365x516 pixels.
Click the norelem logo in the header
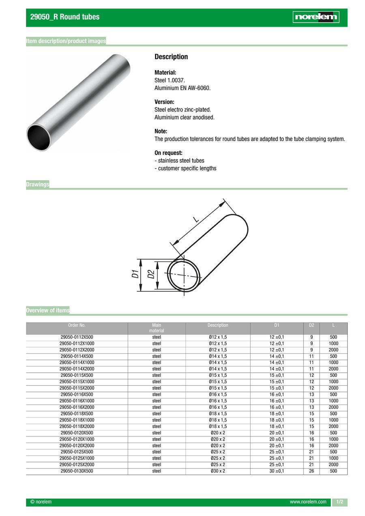click(x=316, y=17)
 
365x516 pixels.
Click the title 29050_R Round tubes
click(x=64, y=17)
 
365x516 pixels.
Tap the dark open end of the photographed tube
click(x=39, y=137)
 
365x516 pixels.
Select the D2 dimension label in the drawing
click(x=151, y=274)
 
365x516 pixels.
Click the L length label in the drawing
click(x=196, y=219)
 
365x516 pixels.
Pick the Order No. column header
click(x=77, y=325)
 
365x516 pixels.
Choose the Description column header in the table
click(x=218, y=325)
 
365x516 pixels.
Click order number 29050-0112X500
click(x=77, y=337)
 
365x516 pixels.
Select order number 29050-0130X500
click(x=77, y=471)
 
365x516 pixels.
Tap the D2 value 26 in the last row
click(x=311, y=471)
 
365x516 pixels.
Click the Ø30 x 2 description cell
click(x=218, y=471)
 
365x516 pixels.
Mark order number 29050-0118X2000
click(x=77, y=427)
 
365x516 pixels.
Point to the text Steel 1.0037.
click(x=170, y=80)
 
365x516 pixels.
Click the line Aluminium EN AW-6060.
click(x=182, y=88)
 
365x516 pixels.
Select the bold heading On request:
click(x=168, y=153)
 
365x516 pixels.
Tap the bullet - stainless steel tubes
click(x=179, y=161)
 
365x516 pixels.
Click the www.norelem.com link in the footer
click(x=308, y=502)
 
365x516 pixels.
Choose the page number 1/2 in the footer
click(x=339, y=502)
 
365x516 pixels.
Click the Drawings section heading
click(x=37, y=185)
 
